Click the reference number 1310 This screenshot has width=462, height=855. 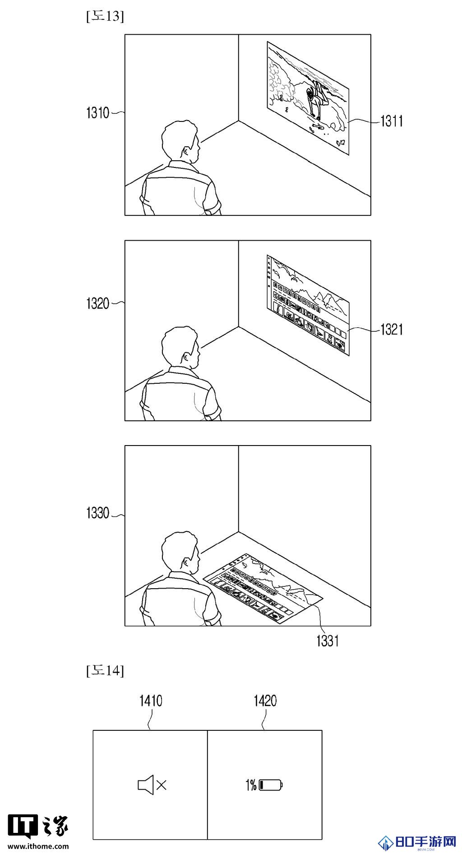pos(98,113)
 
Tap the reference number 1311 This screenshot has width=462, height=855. pos(392,121)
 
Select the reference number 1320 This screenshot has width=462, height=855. pos(98,303)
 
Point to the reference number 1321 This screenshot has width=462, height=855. pos(392,330)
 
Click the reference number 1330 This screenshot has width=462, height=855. pos(98,513)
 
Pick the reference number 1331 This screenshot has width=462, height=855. pos(327,641)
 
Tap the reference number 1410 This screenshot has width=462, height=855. pos(151,701)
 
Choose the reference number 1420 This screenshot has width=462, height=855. pos(265,701)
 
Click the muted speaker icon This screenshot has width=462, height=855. pos(152,785)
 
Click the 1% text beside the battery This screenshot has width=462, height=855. pos(251,785)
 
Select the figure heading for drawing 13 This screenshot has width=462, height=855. pos(105,17)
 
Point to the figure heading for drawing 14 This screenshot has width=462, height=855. pos(105,671)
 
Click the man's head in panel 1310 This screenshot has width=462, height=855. pos(180,140)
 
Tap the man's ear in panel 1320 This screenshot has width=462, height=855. pos(186,357)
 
